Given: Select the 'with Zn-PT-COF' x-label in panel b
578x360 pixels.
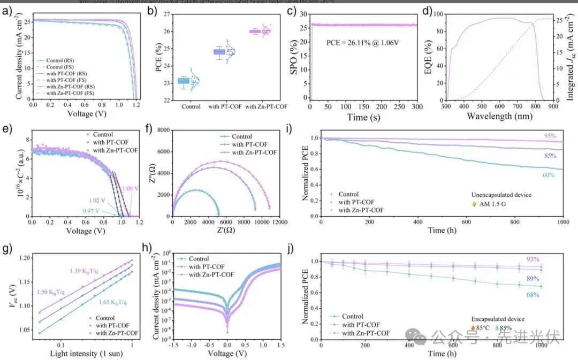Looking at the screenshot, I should [x=266, y=106].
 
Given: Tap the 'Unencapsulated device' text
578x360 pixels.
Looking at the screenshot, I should [x=501, y=195].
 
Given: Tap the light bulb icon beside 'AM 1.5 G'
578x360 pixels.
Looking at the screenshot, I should [x=474, y=204].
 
